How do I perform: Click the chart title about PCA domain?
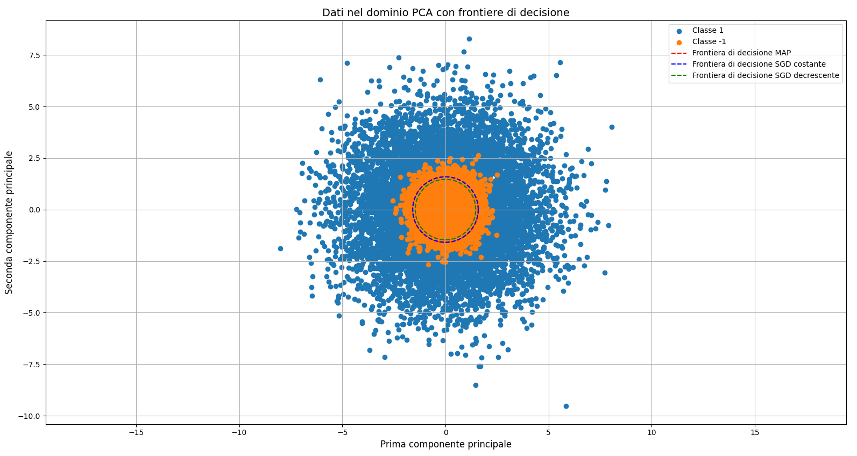(445, 12)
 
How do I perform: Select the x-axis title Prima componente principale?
(445, 444)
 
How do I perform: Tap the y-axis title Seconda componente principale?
(9, 222)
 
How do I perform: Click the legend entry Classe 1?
(707, 31)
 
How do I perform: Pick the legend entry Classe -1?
(709, 42)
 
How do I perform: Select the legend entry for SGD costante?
(759, 65)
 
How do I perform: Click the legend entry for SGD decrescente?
(765, 76)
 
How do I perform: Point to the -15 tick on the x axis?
(136, 432)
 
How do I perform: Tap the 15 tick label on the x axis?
(754, 432)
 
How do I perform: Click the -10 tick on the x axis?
(239, 432)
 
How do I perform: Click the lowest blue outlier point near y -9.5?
(566, 406)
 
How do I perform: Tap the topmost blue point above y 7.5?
(469, 39)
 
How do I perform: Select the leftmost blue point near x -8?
(280, 248)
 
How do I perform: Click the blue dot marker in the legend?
(679, 31)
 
